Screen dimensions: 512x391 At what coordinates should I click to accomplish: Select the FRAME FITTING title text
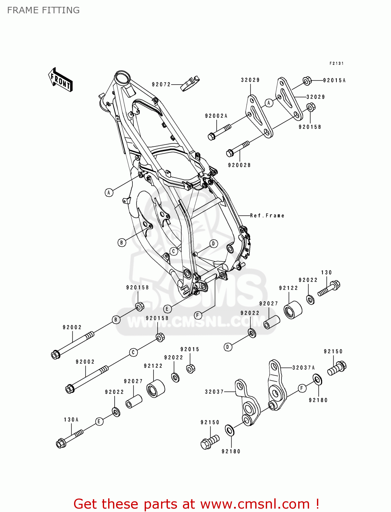pyautogui.click(x=43, y=10)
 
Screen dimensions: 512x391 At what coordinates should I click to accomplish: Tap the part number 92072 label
pyautogui.click(x=161, y=84)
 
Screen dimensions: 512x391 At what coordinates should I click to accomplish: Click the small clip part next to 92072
pyautogui.click(x=190, y=84)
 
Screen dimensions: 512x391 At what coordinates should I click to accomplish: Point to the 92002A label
pyautogui.click(x=216, y=116)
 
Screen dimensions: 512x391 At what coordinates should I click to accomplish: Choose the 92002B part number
pyautogui.click(x=239, y=165)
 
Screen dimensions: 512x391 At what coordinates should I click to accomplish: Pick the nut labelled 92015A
pyautogui.click(x=307, y=81)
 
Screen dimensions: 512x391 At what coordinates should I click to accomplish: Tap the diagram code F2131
pyautogui.click(x=336, y=63)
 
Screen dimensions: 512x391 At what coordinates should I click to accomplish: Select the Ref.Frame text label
pyautogui.click(x=267, y=216)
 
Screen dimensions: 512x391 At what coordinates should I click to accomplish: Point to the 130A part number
pyautogui.click(x=71, y=419)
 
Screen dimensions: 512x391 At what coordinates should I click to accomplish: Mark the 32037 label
pyautogui.click(x=214, y=392)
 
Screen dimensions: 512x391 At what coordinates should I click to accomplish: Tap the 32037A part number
pyautogui.click(x=303, y=368)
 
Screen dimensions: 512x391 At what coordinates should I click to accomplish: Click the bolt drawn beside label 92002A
pyautogui.click(x=219, y=132)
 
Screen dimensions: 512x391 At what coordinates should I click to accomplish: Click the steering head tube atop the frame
pyautogui.click(x=121, y=78)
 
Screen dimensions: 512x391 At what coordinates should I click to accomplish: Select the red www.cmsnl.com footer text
pyautogui.click(x=196, y=504)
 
